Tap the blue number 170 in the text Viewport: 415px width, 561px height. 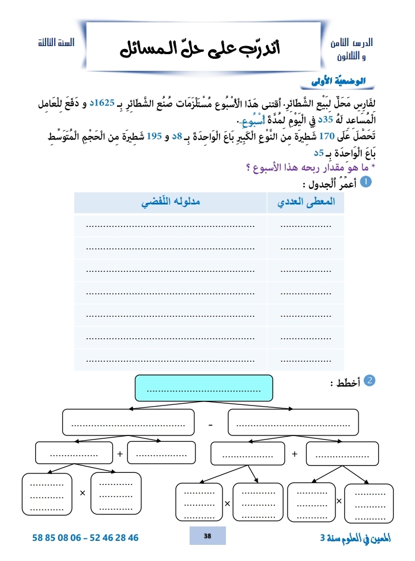335,137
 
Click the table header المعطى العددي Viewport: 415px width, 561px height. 305,203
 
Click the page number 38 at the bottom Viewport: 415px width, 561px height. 207,536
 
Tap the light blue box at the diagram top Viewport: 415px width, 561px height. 203,389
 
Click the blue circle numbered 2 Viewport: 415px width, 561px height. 371,380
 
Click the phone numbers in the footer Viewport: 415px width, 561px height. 86,537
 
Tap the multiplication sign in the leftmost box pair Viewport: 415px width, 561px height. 82,493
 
